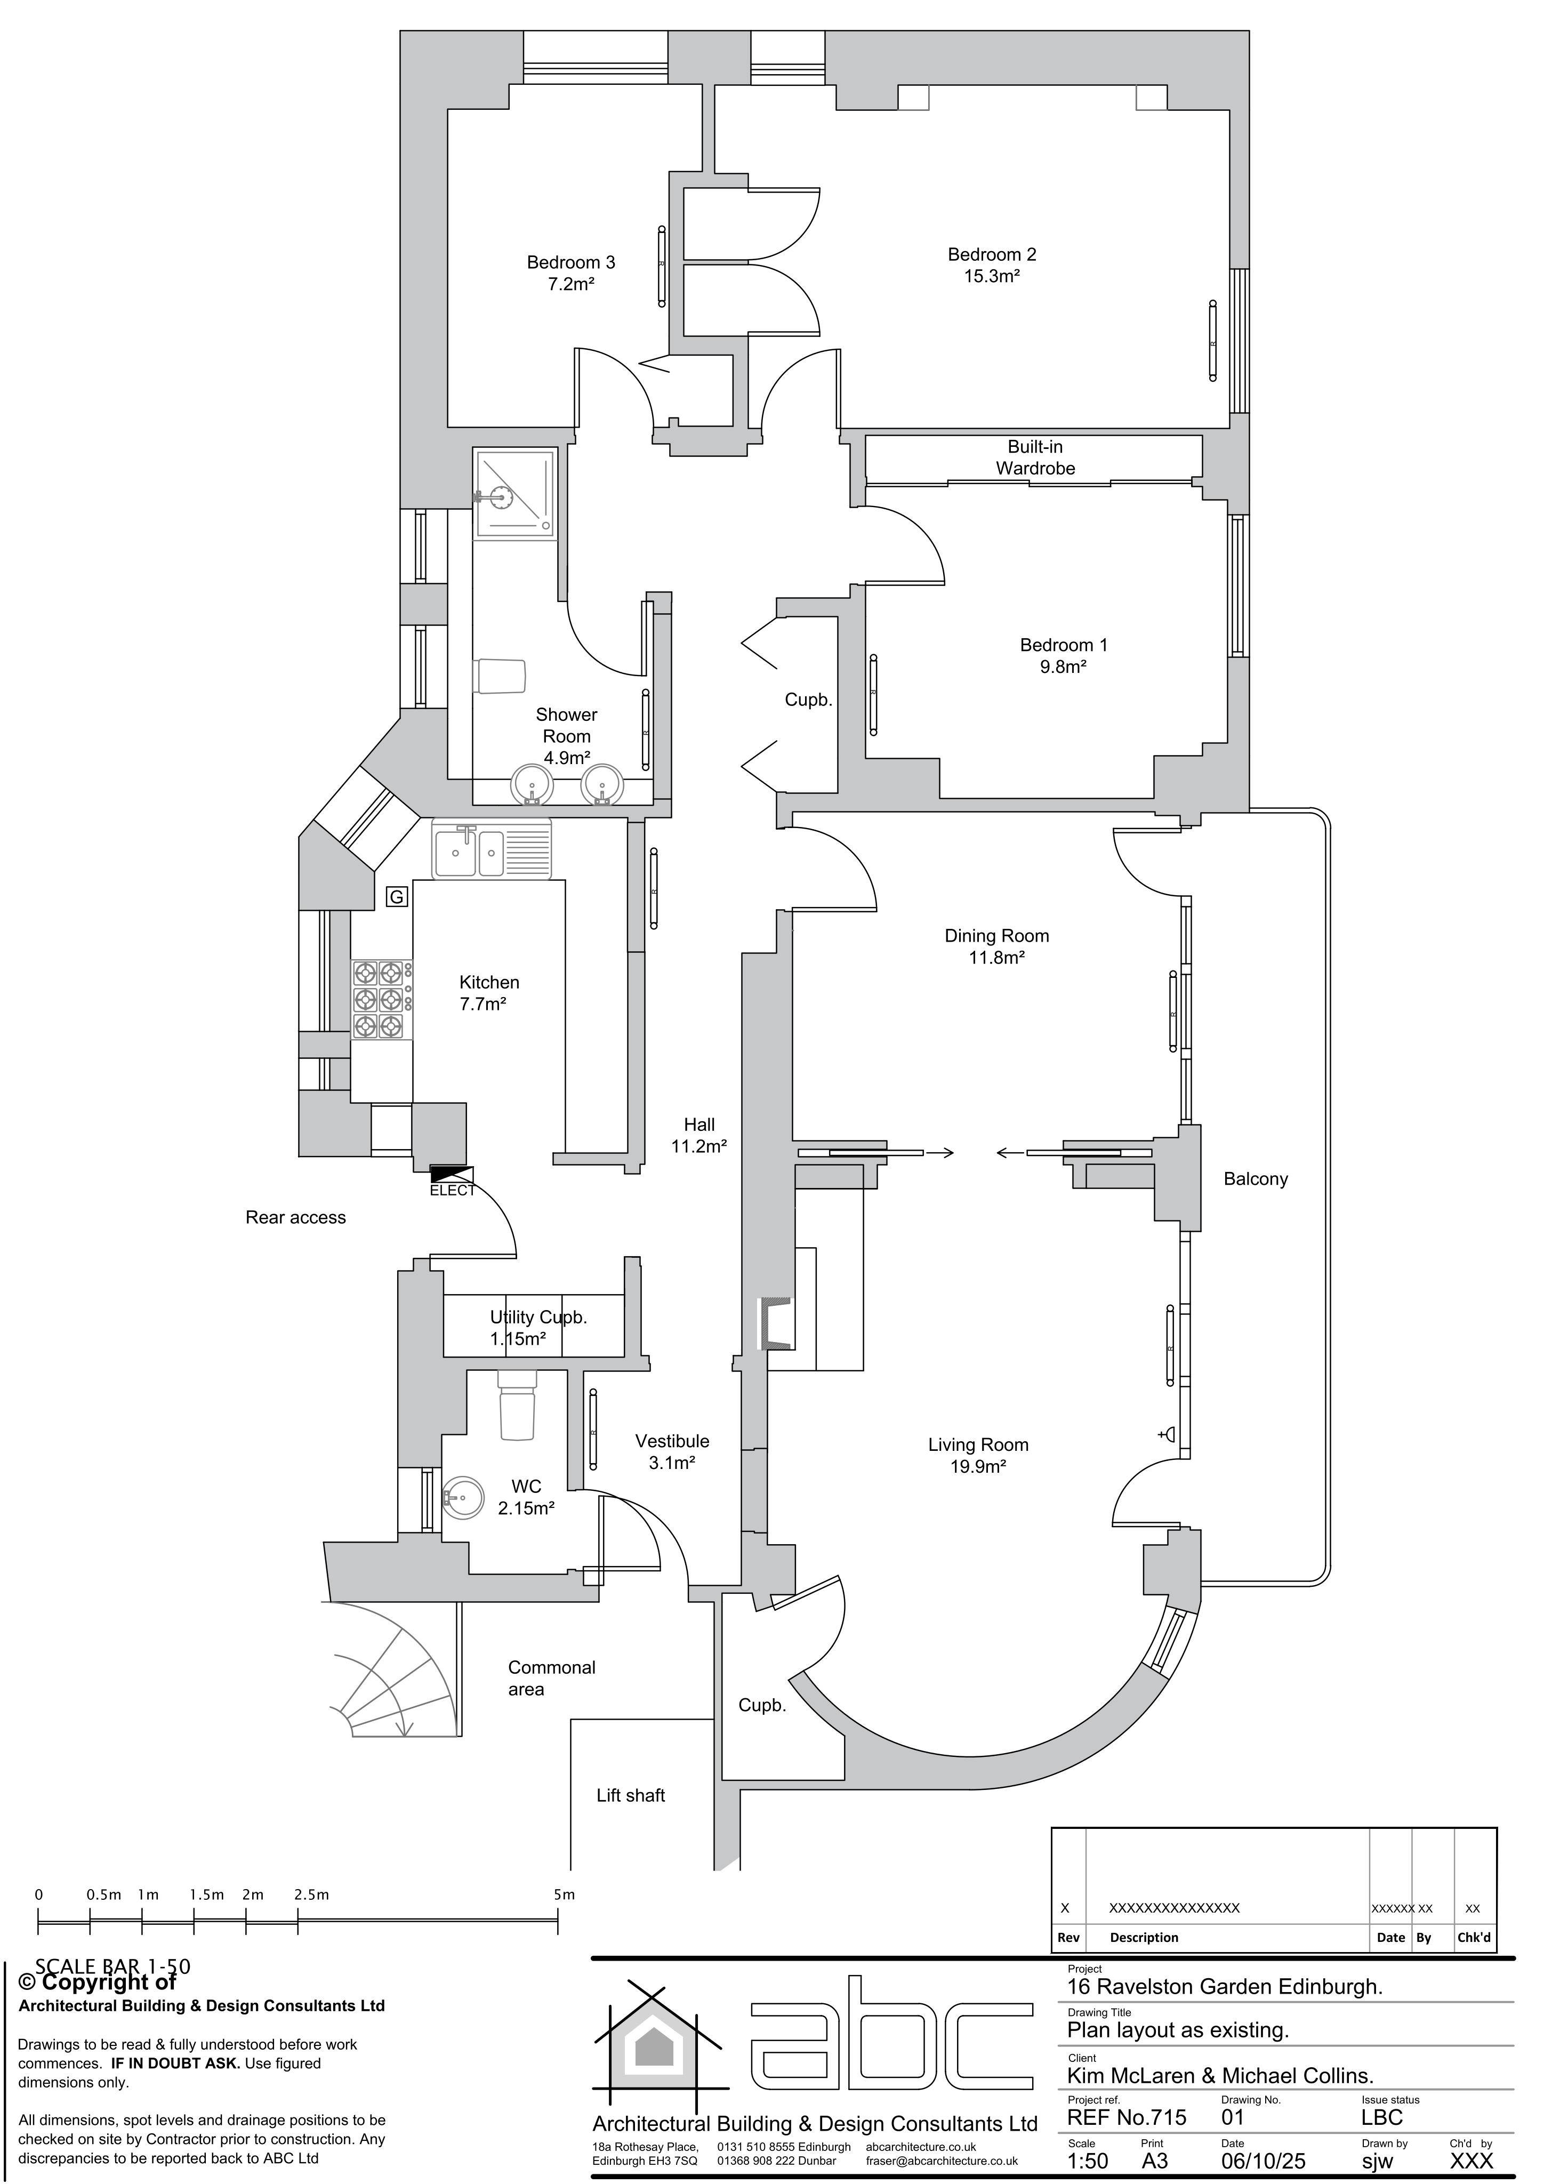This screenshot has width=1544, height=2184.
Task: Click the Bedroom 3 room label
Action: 571,262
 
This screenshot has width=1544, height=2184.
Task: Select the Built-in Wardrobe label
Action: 1035,457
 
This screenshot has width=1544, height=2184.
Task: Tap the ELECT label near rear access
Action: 452,1191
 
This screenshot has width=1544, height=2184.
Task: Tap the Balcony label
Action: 1255,1179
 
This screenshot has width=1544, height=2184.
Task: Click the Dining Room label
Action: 996,936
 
